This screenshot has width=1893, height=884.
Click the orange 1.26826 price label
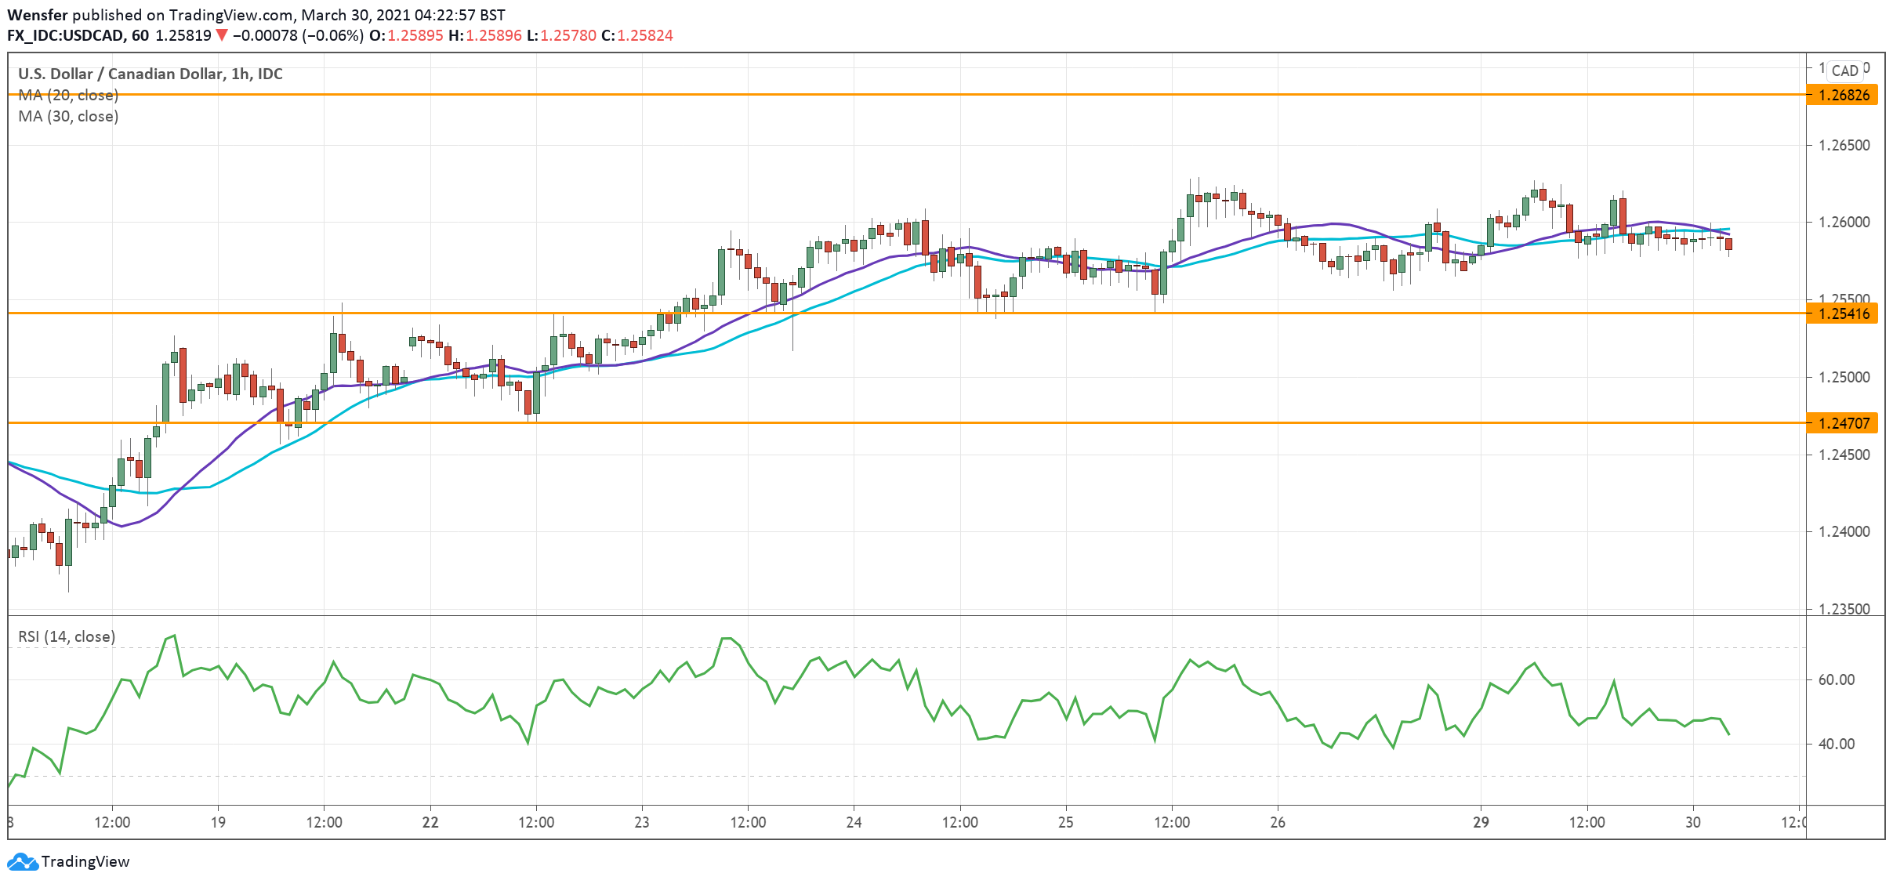(x=1843, y=95)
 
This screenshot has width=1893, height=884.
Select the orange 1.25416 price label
(x=1843, y=313)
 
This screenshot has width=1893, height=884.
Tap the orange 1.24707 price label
(x=1843, y=423)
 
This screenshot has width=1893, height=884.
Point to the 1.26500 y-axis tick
(x=1843, y=146)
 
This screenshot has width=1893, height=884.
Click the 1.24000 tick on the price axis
(x=1843, y=532)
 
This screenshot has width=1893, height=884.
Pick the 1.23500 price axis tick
(x=1843, y=609)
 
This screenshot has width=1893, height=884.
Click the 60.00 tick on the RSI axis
(x=1837, y=679)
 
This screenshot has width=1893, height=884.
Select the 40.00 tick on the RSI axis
(x=1837, y=744)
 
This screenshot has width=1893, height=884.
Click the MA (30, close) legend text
(x=68, y=116)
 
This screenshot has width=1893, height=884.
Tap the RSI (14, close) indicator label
(x=67, y=636)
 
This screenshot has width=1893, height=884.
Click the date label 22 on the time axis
(x=430, y=822)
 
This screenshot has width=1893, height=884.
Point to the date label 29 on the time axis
(x=1481, y=822)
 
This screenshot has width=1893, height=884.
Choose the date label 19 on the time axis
(x=218, y=822)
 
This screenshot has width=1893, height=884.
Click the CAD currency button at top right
(x=1844, y=71)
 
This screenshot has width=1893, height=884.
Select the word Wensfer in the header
(x=38, y=15)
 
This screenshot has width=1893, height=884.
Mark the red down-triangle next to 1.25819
(x=222, y=35)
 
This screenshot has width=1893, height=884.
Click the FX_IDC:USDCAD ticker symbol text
(x=66, y=35)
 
